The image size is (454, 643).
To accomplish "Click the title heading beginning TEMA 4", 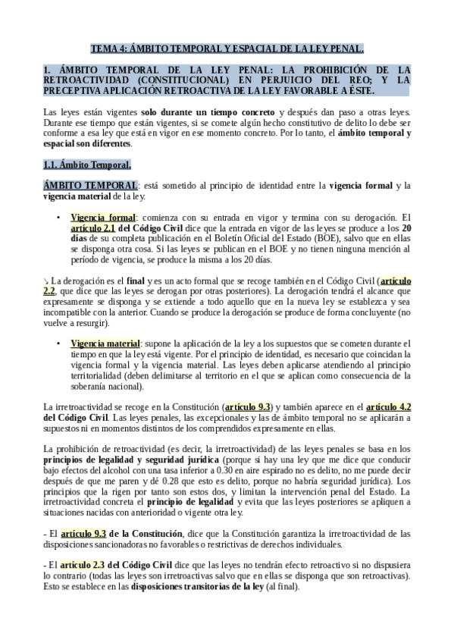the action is click(x=227, y=49).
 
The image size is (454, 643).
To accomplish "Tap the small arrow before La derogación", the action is click(x=46, y=281).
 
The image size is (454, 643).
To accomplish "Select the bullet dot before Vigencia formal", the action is click(x=58, y=217).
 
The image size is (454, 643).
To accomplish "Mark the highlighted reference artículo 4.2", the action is click(x=389, y=406).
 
